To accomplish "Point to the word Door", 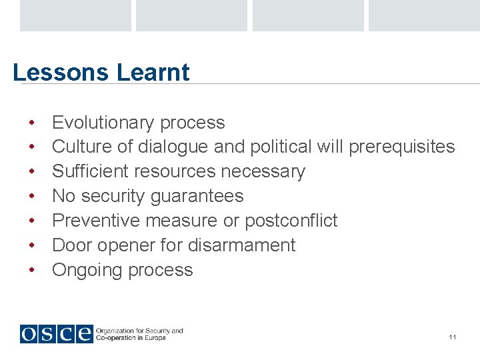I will click(x=72, y=245).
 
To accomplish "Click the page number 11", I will click(x=453, y=337).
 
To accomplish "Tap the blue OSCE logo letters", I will click(x=56, y=333).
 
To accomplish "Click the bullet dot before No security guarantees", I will click(x=31, y=197).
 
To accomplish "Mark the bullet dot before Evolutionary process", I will click(x=31, y=123).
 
